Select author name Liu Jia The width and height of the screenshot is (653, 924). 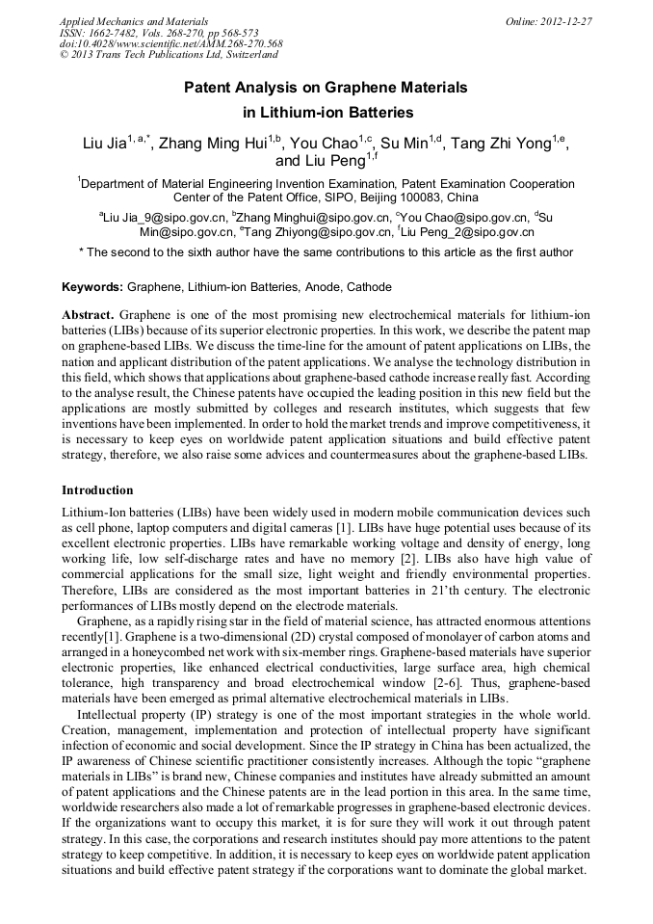104,145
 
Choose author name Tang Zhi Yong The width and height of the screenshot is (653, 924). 509,145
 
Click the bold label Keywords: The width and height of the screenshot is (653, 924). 92,287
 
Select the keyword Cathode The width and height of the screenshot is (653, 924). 368,287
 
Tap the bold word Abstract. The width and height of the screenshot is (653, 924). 89,315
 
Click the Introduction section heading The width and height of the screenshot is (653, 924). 98,489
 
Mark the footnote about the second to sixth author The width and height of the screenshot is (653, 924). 326,252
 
